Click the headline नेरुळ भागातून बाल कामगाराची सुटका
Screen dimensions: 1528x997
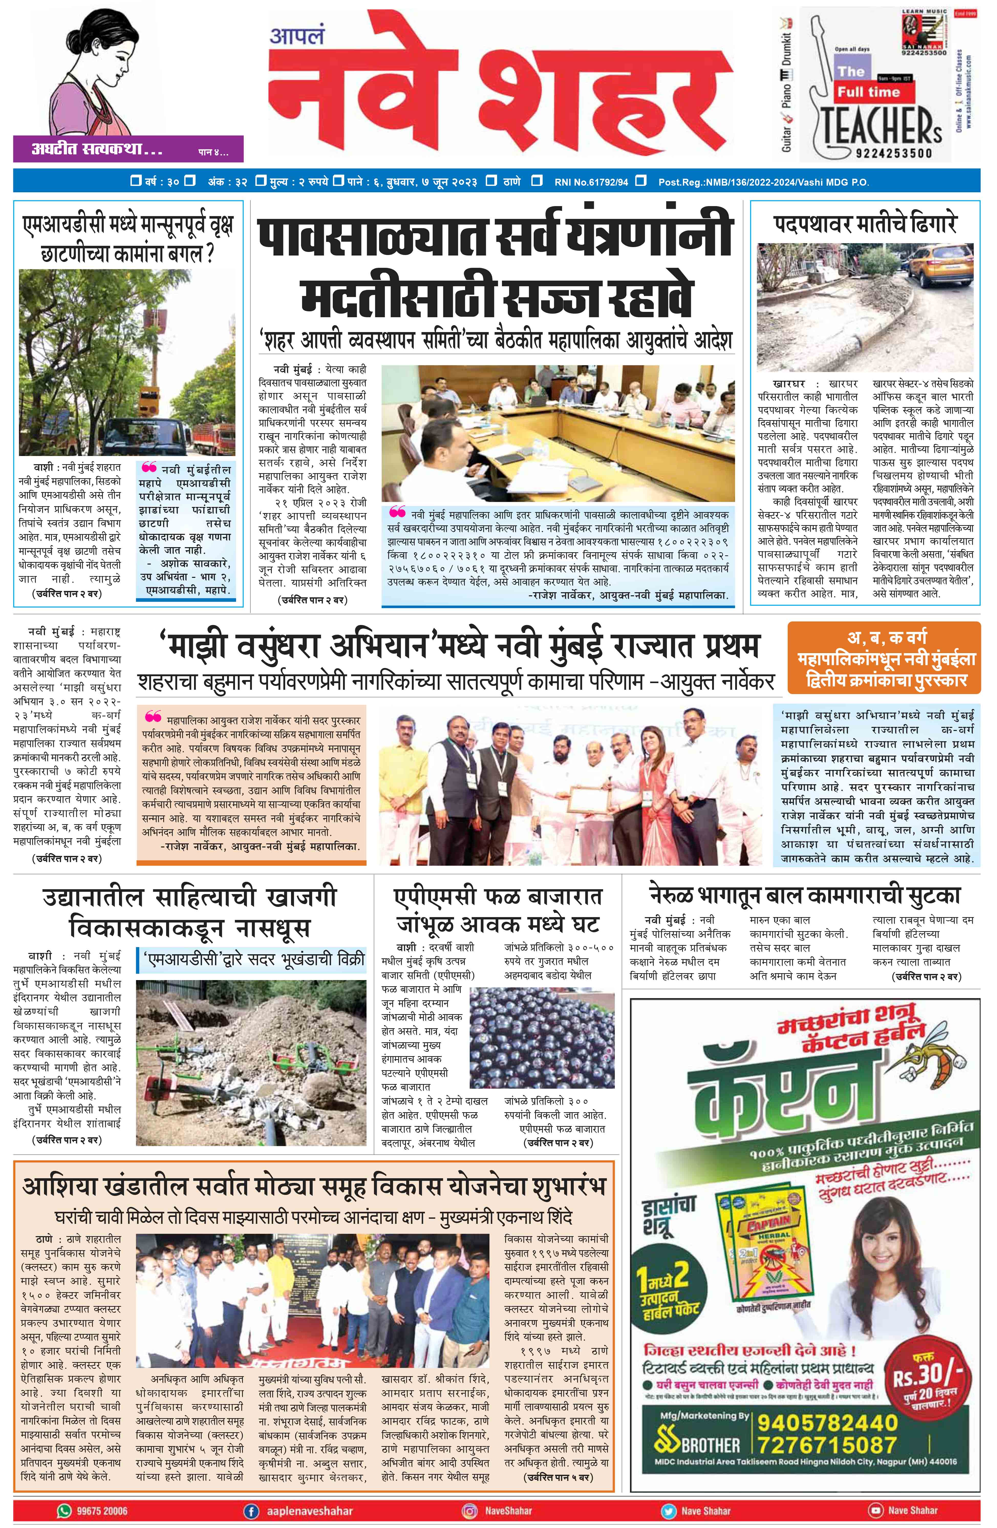[805, 894]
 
